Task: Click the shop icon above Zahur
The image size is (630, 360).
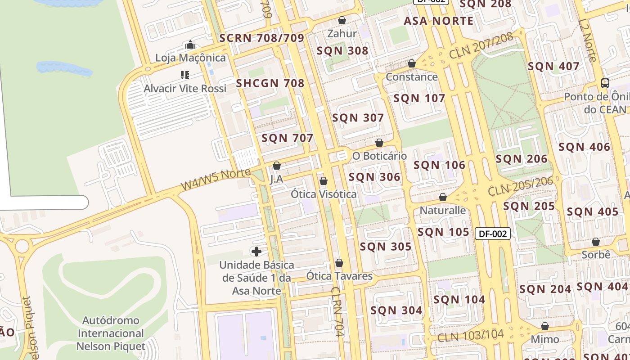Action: tap(342, 20)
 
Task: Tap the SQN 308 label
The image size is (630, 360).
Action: tap(342, 51)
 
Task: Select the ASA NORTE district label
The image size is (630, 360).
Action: tap(438, 21)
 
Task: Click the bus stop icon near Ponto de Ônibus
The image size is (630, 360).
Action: tap(605, 83)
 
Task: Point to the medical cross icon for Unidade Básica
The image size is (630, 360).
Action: tap(256, 251)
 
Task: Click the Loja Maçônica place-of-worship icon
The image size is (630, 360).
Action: tap(190, 45)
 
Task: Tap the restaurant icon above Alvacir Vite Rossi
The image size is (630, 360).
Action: tap(185, 75)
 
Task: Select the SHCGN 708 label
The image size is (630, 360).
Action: tap(270, 83)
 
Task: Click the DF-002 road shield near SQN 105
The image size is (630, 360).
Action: tap(493, 234)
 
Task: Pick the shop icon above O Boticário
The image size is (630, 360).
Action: tap(379, 143)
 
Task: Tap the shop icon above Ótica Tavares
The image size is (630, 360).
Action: tap(339, 263)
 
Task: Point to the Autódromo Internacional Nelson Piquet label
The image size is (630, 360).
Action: tap(111, 333)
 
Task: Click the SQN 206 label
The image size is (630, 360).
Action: tap(522, 159)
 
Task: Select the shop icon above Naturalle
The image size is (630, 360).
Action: tap(443, 197)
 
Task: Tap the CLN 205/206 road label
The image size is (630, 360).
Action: tap(520, 186)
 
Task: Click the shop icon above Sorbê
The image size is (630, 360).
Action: tap(596, 242)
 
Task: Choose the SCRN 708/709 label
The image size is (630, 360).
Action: tap(262, 38)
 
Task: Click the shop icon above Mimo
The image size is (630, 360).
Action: tap(545, 326)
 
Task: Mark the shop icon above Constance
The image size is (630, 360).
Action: tap(412, 63)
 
